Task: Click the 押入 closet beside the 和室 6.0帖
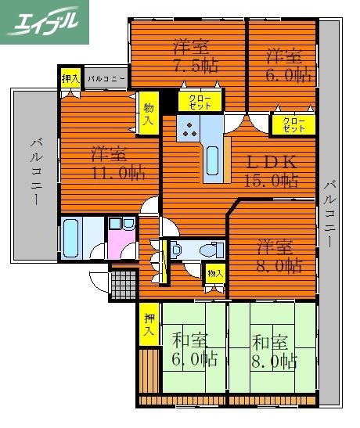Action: [x=149, y=324]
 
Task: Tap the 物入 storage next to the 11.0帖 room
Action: [x=148, y=114]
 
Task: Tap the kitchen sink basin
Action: [x=213, y=160]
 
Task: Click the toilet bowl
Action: [x=209, y=250]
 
